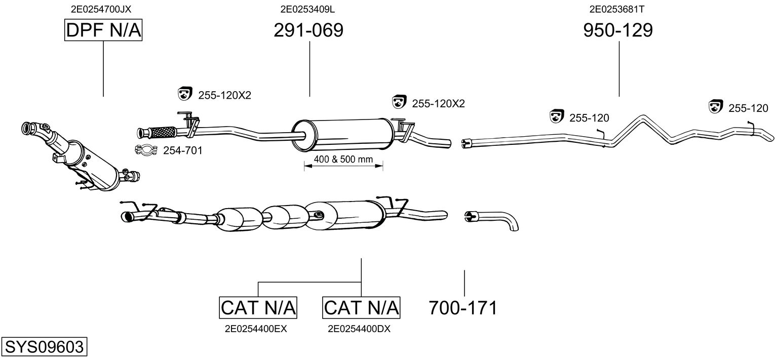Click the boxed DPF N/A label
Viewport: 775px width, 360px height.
(x=103, y=30)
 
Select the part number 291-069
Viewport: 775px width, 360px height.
(x=308, y=30)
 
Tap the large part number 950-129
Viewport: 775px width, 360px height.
(x=618, y=30)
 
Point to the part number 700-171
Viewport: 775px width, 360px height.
(x=463, y=307)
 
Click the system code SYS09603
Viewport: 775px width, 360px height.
(x=44, y=346)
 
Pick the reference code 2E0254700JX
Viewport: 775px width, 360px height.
(x=101, y=9)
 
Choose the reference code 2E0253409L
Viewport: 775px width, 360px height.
(x=307, y=9)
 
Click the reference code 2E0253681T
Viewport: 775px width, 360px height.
(x=617, y=9)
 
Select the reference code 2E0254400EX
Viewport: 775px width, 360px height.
(x=256, y=329)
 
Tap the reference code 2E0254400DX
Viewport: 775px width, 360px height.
(x=359, y=329)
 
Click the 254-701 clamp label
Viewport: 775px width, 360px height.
(x=183, y=150)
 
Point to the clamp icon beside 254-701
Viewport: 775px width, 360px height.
(x=146, y=150)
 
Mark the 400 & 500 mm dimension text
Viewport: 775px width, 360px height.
(x=343, y=159)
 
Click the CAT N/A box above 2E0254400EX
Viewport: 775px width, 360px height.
(x=258, y=307)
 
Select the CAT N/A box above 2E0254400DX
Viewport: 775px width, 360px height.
(x=361, y=307)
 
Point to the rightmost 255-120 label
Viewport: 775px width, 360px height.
(x=748, y=108)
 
